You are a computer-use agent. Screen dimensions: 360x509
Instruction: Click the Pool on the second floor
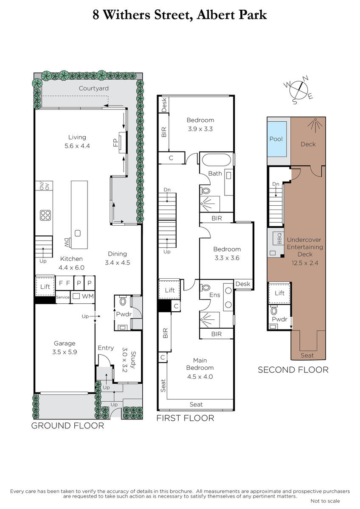pos(276,139)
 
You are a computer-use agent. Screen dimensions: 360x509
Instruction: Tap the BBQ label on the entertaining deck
pos(279,238)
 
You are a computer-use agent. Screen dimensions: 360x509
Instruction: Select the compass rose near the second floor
pos(298,90)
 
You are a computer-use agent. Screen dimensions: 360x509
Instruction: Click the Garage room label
pos(65,343)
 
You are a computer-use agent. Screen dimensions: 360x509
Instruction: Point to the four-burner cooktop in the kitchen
pos(45,215)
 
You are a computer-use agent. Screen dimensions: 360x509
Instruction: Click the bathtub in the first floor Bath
pos(216,160)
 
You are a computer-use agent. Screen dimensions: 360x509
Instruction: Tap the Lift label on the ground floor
pos(45,287)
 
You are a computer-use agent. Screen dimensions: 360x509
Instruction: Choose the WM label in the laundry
pos(88,296)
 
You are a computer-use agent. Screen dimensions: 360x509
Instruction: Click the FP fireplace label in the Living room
pos(116,143)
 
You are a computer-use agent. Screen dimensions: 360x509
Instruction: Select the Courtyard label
pos(94,88)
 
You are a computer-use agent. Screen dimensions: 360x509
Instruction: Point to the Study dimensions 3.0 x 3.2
pos(124,360)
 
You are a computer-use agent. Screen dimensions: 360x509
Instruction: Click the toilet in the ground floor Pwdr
pos(123,301)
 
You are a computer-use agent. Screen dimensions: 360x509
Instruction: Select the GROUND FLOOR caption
pos(67,425)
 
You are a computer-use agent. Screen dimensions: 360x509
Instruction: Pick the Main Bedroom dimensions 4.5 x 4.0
pos(200,377)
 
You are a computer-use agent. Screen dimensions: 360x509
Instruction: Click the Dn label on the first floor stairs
pos(167,190)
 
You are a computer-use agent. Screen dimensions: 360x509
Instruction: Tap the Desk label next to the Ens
pos(243,284)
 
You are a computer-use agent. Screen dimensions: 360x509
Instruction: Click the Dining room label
pos(117,254)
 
